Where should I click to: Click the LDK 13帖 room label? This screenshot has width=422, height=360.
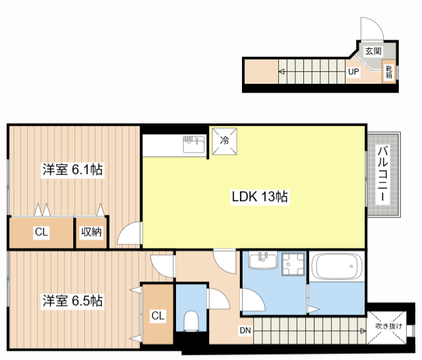point(258,196)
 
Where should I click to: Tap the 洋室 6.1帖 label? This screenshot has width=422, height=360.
point(73,169)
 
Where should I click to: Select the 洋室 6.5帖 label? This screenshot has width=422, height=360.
point(73,301)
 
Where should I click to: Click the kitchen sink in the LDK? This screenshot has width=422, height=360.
point(193,143)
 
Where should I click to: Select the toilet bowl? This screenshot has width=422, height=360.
point(191,320)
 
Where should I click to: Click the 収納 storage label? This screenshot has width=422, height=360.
point(91,232)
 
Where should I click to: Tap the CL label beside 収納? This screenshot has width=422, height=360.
point(41,232)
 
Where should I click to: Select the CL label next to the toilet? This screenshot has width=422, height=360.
point(158,316)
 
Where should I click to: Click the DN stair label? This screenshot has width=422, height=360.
point(245,331)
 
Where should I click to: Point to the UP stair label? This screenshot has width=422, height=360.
point(353,72)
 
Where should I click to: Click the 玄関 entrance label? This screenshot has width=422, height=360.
point(373,51)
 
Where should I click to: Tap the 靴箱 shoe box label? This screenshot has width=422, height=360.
point(389,72)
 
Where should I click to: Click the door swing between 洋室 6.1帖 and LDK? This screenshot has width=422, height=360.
point(131,234)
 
